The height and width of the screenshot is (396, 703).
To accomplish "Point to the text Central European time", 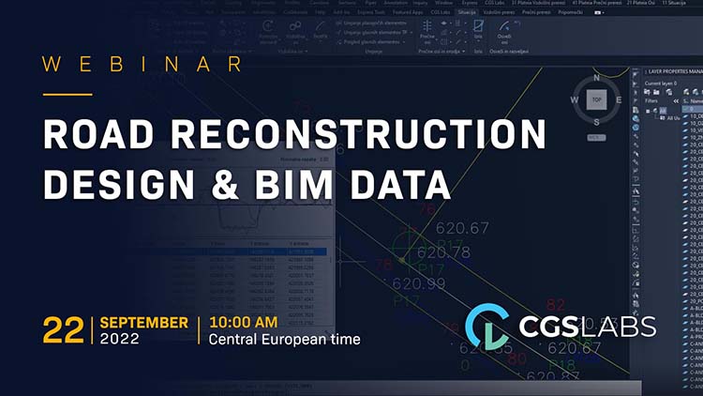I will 284,340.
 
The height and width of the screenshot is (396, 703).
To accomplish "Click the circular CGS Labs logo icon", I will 487,326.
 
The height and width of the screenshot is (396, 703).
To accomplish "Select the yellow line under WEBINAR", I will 68,94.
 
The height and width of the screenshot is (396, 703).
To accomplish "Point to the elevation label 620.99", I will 419,283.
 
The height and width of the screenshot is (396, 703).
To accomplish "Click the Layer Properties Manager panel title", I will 674,72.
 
